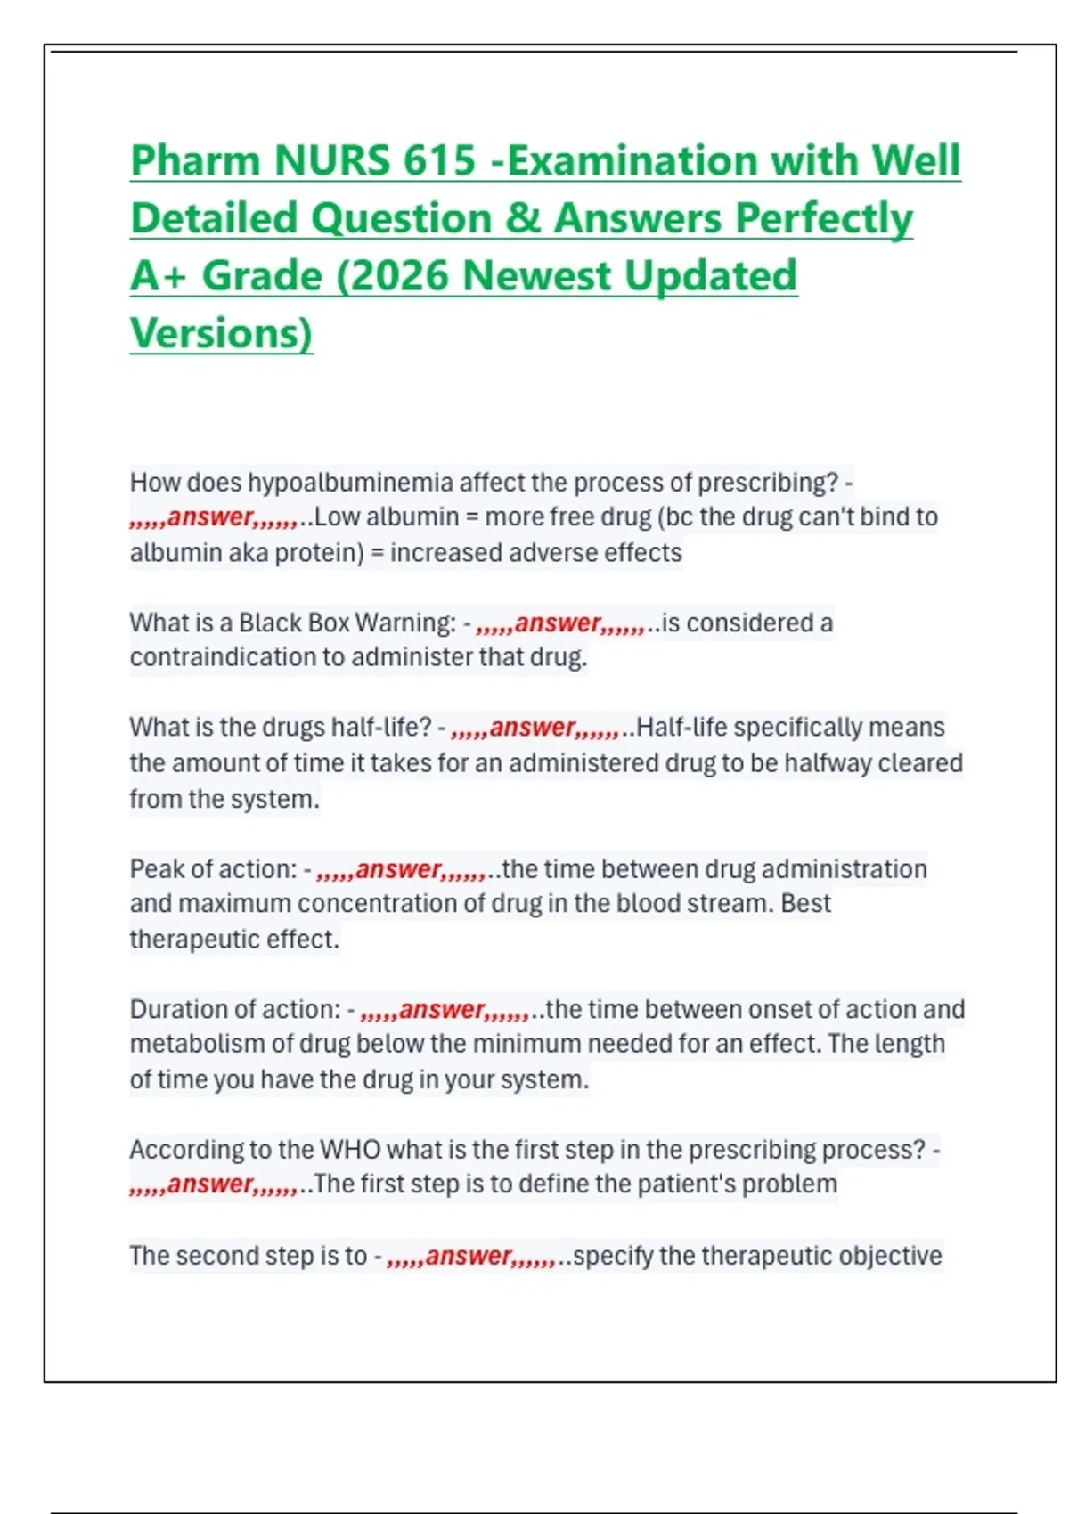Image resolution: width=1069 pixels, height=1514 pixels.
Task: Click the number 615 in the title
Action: [439, 161]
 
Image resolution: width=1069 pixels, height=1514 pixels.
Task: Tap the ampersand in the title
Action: [523, 219]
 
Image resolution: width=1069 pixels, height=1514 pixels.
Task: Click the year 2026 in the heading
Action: [399, 276]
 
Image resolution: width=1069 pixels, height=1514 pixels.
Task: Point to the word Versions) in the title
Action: [221, 334]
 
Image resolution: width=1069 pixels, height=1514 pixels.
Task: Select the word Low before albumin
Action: [337, 517]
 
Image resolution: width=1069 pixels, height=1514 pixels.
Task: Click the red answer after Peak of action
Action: [398, 869]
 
